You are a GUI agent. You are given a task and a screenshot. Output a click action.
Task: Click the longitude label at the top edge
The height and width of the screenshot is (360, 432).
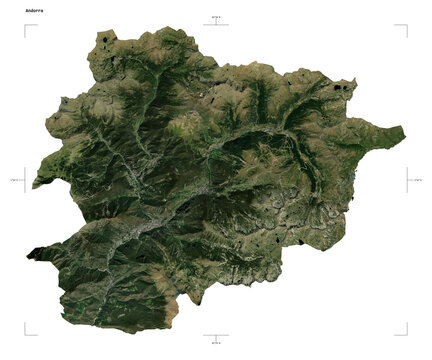tap(216, 17)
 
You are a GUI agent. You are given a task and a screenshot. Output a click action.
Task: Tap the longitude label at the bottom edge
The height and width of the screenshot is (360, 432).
tap(216, 343)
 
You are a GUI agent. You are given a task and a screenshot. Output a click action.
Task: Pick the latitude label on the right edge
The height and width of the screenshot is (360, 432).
tap(417, 180)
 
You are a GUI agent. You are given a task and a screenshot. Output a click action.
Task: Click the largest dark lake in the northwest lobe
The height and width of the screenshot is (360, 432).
tap(104, 41)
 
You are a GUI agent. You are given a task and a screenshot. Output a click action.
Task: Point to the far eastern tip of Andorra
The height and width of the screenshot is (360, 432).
tap(404, 129)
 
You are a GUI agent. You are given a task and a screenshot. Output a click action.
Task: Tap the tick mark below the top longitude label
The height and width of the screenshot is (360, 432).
tap(216, 24)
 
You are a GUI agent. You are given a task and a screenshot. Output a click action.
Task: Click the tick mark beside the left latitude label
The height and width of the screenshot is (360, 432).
tap(26, 180)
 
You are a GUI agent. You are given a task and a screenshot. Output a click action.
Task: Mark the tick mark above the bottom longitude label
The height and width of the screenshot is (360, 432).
tap(216, 335)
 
